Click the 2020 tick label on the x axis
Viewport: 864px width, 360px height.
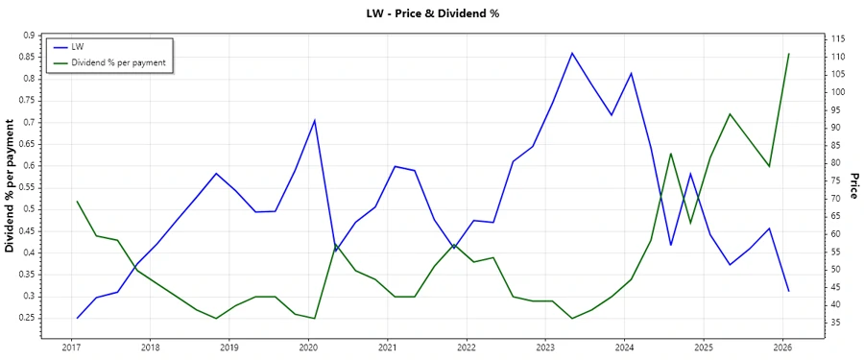(308, 347)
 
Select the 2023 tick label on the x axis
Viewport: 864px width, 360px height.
(545, 347)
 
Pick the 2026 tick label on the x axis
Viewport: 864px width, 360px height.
(782, 347)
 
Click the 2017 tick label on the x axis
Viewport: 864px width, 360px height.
(71, 347)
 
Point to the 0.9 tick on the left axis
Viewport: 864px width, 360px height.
(28, 36)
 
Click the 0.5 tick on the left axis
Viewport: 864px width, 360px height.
(28, 209)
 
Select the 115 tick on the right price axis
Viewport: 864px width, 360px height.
(837, 38)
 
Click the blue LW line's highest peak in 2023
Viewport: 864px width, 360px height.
(572, 53)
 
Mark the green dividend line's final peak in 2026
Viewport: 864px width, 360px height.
(789, 54)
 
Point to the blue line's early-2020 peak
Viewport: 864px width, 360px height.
(315, 120)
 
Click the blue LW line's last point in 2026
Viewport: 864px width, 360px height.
(789, 291)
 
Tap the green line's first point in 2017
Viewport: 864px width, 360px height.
(77, 202)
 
